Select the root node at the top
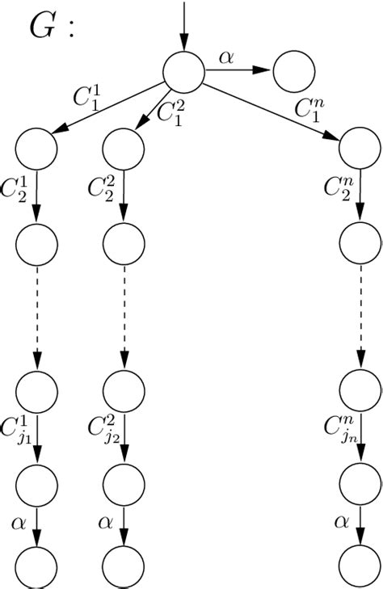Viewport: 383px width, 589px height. pos(183,70)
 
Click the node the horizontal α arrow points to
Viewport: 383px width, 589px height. pos(294,71)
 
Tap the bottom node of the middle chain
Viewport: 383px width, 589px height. pos(124,567)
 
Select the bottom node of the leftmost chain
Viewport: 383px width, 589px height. pos(36,567)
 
